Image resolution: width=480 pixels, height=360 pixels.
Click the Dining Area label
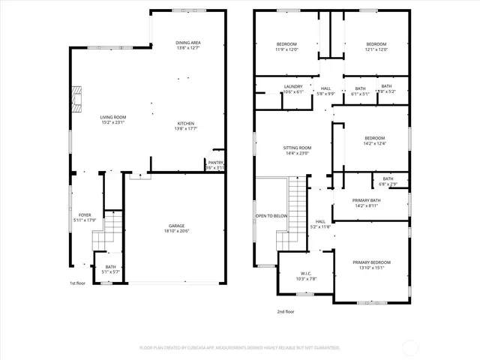pos(188,46)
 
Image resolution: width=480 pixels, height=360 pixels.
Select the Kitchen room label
pos(186,126)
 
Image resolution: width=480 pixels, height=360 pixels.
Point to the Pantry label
pos(215,165)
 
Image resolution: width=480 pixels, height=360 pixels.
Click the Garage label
pos(176,229)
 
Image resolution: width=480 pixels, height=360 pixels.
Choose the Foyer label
pos(85,217)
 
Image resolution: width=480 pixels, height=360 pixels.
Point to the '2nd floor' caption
pos(285,310)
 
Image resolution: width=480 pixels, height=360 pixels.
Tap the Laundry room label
pos(293,89)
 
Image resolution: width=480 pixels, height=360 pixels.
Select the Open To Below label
pos(271,216)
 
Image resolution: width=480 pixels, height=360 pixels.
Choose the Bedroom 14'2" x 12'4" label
pos(374,141)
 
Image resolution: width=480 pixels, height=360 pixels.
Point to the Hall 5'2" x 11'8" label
pos(320,224)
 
